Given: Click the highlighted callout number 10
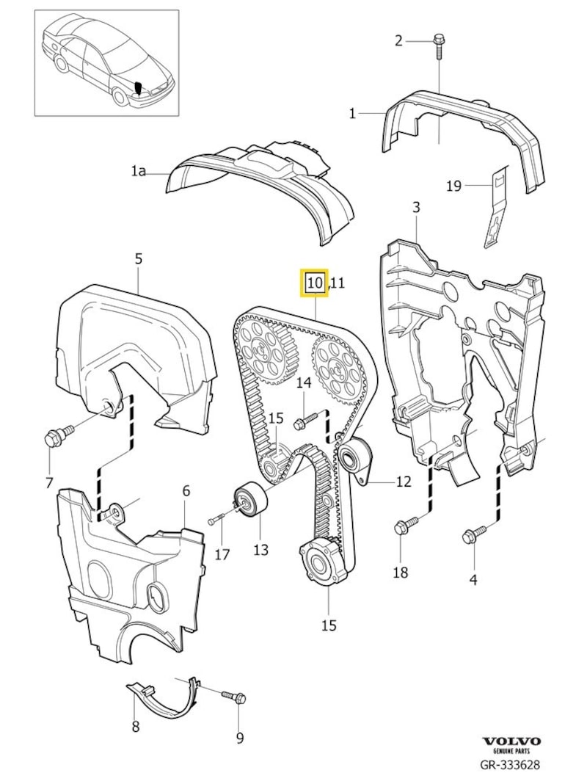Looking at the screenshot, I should point(315,282).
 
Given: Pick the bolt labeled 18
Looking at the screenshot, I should point(405,525).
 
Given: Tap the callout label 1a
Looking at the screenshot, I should point(139,171).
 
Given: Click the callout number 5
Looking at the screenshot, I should point(139,258).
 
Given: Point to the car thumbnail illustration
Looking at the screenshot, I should point(107,62).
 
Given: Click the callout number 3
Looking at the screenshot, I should point(415,208).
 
